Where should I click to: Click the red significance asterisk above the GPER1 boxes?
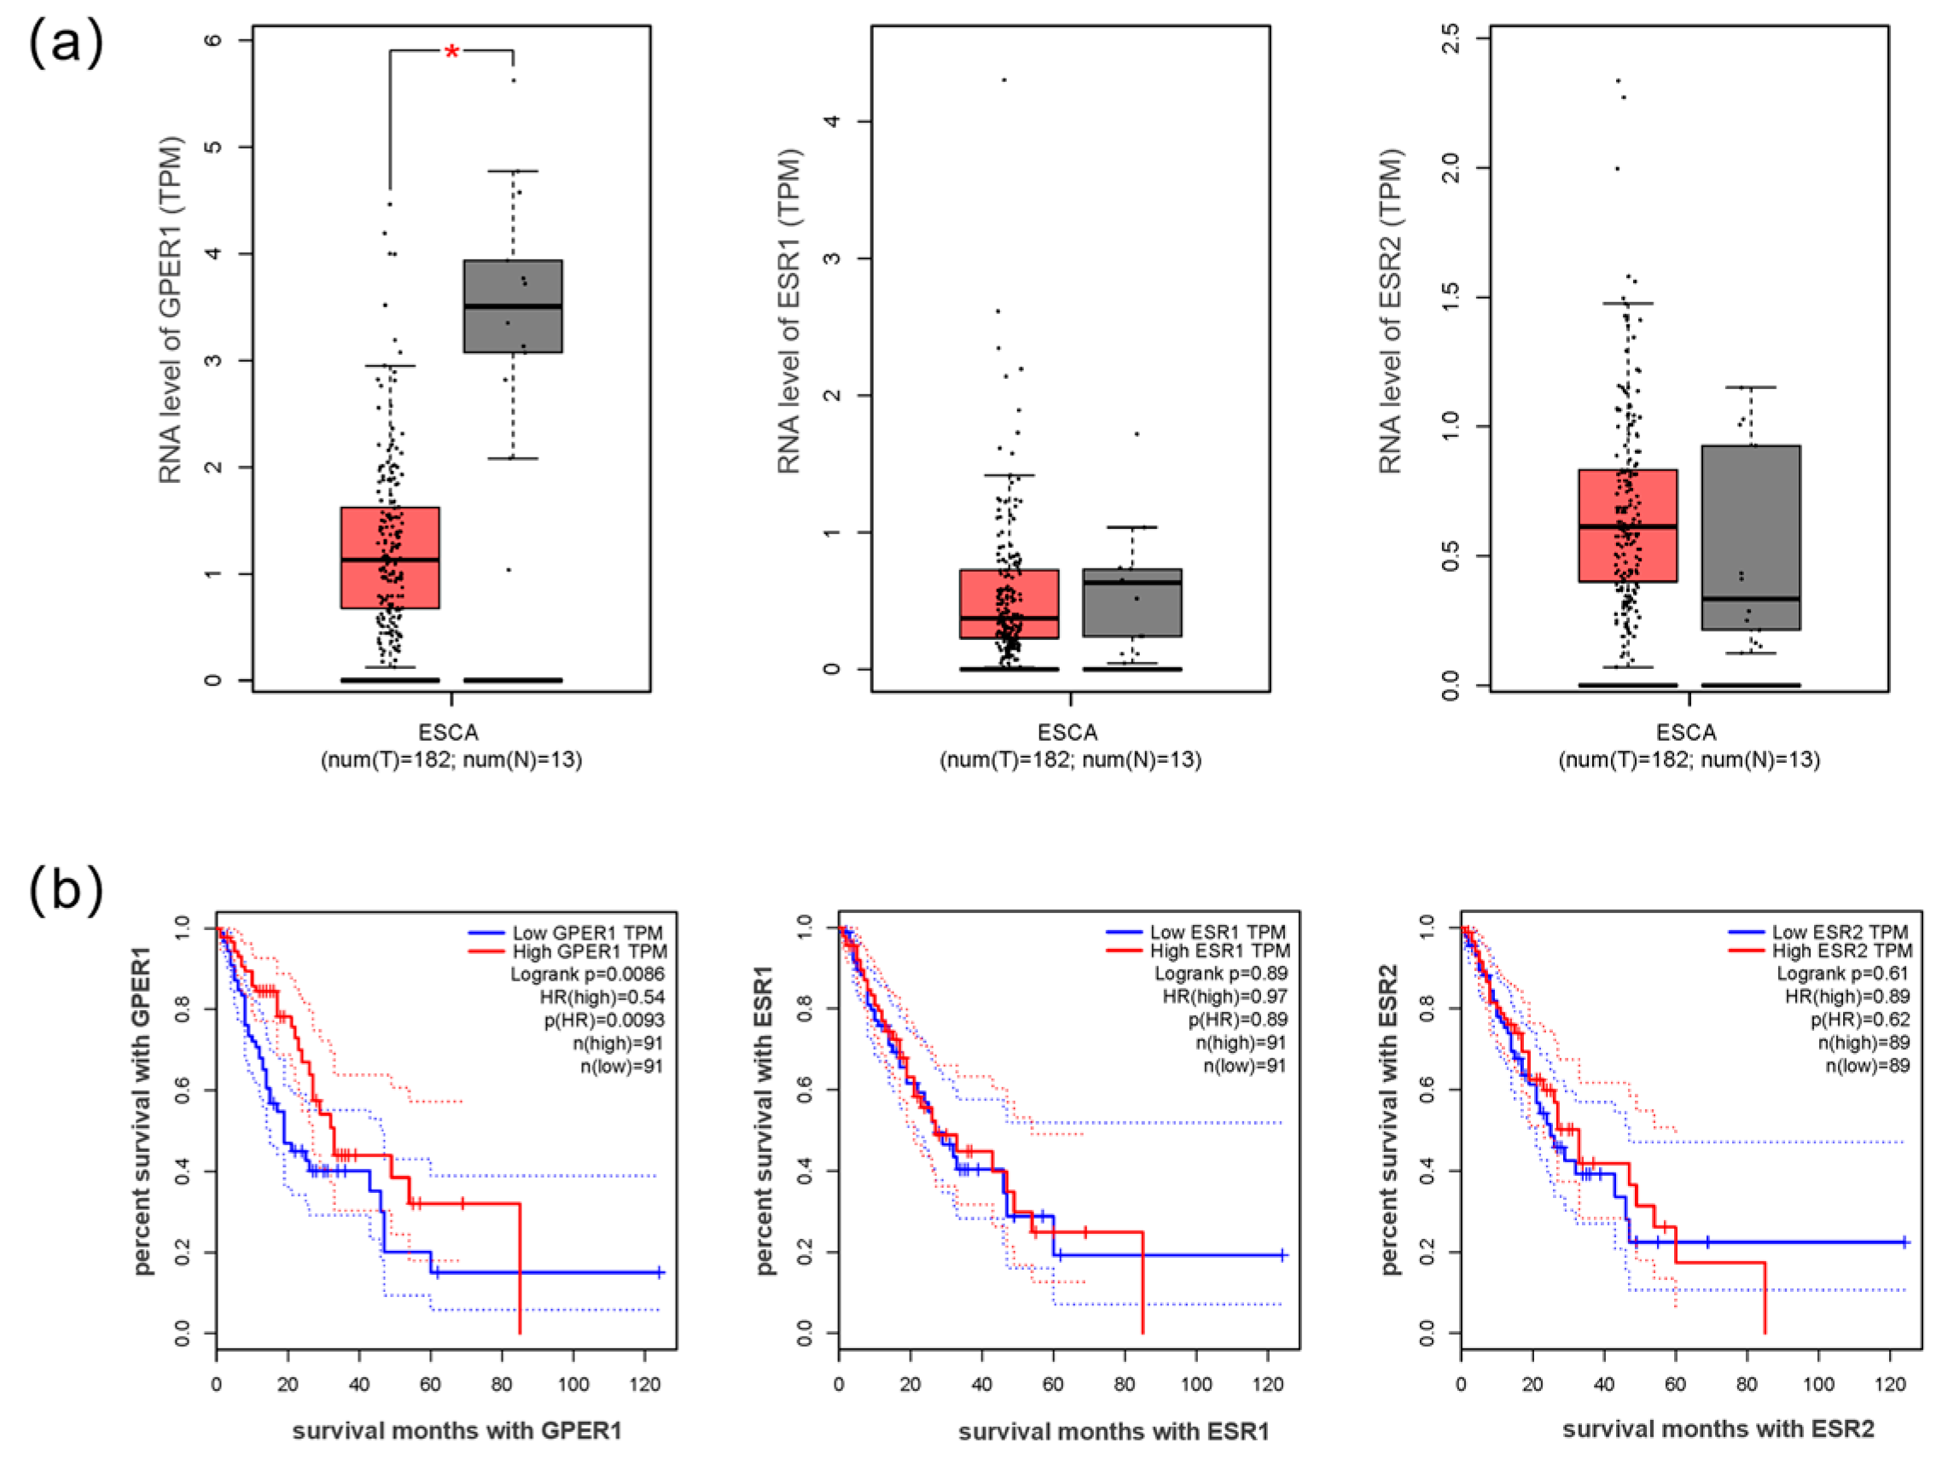pyautogui.click(x=451, y=53)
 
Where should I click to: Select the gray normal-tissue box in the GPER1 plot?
pyautogui.click(x=513, y=305)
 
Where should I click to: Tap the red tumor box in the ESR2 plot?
pyautogui.click(x=1627, y=525)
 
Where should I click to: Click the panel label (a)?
pyautogui.click(x=66, y=44)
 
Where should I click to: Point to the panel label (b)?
pyautogui.click(x=66, y=889)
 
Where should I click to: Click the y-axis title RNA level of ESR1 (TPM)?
pyautogui.click(x=790, y=311)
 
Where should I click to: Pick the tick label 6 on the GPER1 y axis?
pyautogui.click(x=213, y=40)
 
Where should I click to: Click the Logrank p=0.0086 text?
pyautogui.click(x=587, y=974)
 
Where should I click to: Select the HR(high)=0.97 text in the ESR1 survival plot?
pyautogui.click(x=1224, y=996)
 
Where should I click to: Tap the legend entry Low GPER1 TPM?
pyautogui.click(x=587, y=933)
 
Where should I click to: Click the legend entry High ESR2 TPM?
pyautogui.click(x=1841, y=951)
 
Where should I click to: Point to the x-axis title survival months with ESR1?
pyautogui.click(x=1113, y=1432)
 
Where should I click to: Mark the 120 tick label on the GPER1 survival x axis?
pyautogui.click(x=645, y=1384)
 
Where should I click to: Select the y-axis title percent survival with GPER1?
pyautogui.click(x=143, y=1110)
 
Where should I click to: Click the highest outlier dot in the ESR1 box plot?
pyautogui.click(x=1004, y=80)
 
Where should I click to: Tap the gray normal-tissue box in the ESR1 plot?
pyautogui.click(x=1131, y=602)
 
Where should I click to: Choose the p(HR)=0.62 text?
pyautogui.click(x=1859, y=1019)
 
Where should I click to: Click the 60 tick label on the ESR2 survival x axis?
pyautogui.click(x=1675, y=1384)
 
